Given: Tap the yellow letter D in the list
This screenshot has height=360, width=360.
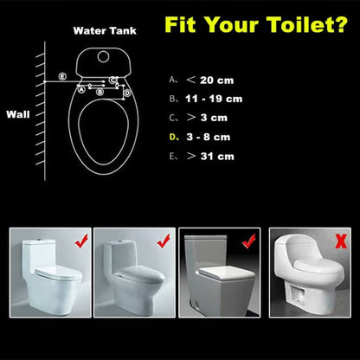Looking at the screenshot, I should click(x=172, y=137).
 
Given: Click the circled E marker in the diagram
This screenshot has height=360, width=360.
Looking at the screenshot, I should click(x=61, y=77).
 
